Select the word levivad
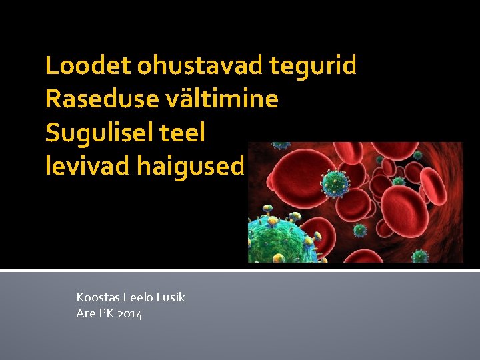pyautogui.click(x=87, y=166)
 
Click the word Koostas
pyautogui.click(x=97, y=297)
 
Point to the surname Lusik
pyautogui.click(x=171, y=297)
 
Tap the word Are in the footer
pyautogui.click(x=86, y=313)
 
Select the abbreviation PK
pyautogui.click(x=107, y=313)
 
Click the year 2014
pyautogui.click(x=130, y=313)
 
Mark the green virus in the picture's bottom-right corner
pyautogui.click(x=419, y=255)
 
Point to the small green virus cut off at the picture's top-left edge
pyautogui.click(x=281, y=145)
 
